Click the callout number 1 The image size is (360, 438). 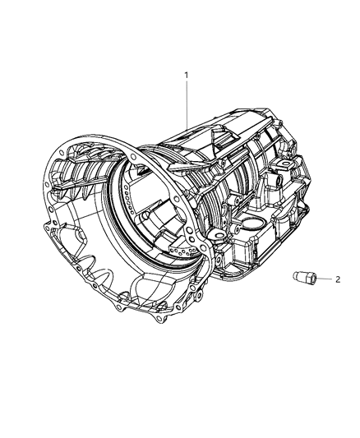(x=187, y=75)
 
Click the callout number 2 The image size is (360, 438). (x=337, y=279)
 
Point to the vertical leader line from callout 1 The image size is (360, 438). (x=187, y=103)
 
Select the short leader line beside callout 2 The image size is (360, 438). (x=323, y=279)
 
